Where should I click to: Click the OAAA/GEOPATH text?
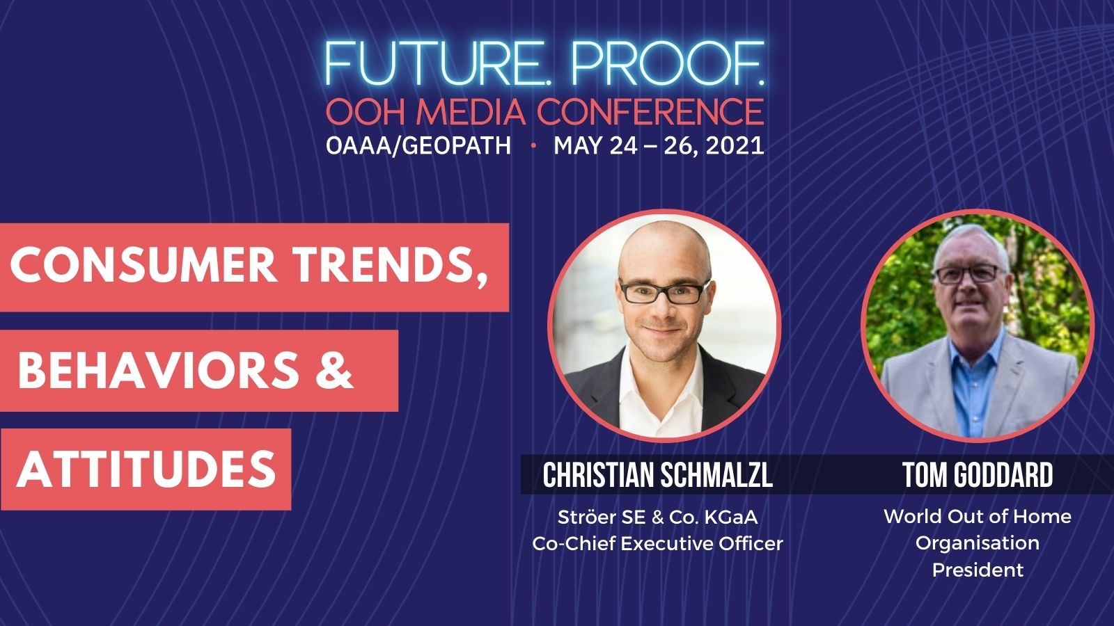tap(418, 145)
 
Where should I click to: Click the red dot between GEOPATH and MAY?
tap(533, 146)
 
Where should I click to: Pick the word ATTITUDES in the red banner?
tap(146, 469)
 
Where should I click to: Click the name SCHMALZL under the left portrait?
tap(716, 475)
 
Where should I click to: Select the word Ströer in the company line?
tap(587, 517)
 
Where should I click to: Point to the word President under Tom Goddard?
tap(978, 570)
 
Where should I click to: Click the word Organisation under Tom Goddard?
tap(978, 543)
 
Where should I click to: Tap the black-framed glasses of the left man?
tap(664, 291)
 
